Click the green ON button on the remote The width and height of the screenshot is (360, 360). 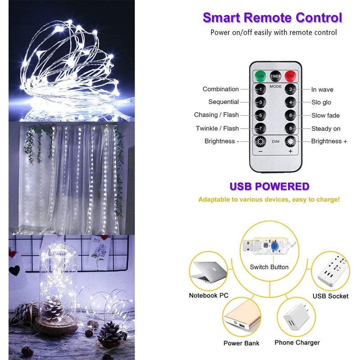coord(261,76)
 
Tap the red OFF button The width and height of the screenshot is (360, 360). coord(290,76)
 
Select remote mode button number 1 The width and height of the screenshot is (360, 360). coord(261,89)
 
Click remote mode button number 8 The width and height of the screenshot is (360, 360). coord(290,128)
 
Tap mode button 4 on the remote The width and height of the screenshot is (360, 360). coord(290,102)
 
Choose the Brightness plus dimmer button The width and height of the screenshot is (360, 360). coord(290,141)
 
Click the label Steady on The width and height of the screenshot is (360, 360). coord(326,129)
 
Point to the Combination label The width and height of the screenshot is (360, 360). coord(220,89)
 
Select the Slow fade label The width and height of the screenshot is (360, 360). coord(325,115)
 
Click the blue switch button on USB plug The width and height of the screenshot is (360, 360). coord(274,247)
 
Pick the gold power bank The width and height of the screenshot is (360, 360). coord(243,318)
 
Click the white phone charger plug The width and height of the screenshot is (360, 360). coord(296,317)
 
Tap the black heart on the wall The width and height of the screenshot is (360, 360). coord(14,270)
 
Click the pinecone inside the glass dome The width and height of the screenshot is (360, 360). coord(52,307)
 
